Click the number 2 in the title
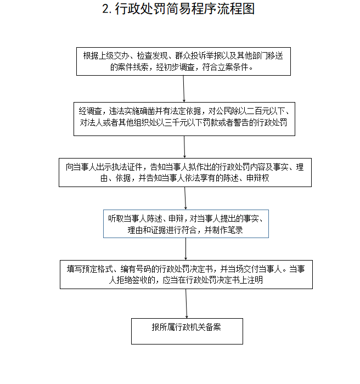pyautogui.click(x=105, y=9)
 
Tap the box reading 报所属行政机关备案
pyautogui.click(x=187, y=331)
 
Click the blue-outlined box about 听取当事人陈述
pyautogui.click(x=186, y=224)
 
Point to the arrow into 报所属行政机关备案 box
pyautogui.click(x=186, y=303)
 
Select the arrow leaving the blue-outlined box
pyautogui.click(x=185, y=249)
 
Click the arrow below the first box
pyautogui.click(x=184, y=89)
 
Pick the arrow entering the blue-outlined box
pyautogui.click(x=185, y=198)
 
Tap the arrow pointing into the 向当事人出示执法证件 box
pyautogui.click(x=184, y=146)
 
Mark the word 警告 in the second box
pyautogui.click(x=241, y=122)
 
